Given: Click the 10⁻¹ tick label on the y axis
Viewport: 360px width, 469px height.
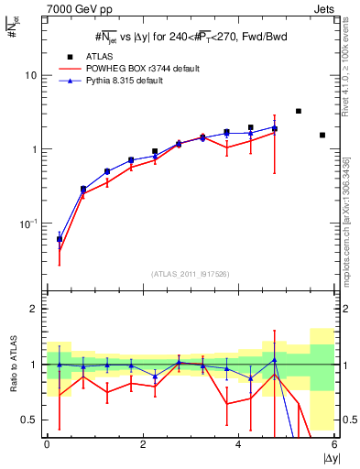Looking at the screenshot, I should click(30, 224).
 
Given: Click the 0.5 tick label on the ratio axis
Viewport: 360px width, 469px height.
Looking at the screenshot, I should click(31, 420).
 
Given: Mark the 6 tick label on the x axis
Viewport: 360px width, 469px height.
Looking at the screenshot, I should click(334, 443).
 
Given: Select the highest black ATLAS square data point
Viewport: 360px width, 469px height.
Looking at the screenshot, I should click(299, 111).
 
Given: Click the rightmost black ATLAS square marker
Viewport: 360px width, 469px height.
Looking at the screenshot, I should click(322, 135).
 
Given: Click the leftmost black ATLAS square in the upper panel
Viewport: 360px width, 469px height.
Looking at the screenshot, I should click(60, 239).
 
